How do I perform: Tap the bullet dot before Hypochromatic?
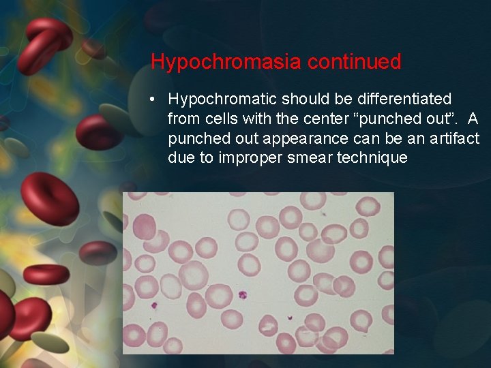pyautogui.click(x=155, y=99)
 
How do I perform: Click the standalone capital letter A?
pyautogui.click(x=473, y=119)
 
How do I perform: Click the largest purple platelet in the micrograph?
pyautogui.click(x=241, y=296)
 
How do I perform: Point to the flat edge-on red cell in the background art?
pyautogui.click(x=46, y=274)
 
